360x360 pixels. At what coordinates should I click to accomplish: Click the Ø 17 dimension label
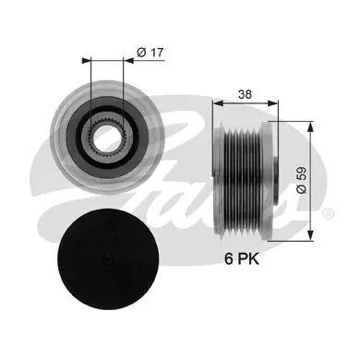[150, 53]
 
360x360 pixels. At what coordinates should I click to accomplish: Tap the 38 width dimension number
[245, 94]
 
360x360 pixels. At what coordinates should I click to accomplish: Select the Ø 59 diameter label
[302, 180]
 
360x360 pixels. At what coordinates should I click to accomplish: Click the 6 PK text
[242, 259]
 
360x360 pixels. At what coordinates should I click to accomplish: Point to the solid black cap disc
[108, 259]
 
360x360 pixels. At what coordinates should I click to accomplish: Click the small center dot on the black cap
[108, 258]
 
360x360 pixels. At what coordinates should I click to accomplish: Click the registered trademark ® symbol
[328, 213]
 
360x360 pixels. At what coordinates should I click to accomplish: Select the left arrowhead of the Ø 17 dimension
[87, 60]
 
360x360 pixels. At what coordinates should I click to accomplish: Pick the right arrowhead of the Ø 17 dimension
[128, 60]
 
